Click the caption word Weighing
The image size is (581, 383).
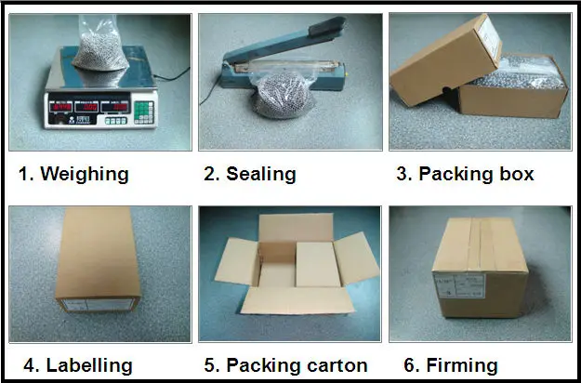point(85,174)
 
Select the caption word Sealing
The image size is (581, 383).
point(262,174)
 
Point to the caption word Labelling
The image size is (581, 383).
point(89,365)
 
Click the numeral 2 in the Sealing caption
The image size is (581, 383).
point(209,174)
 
